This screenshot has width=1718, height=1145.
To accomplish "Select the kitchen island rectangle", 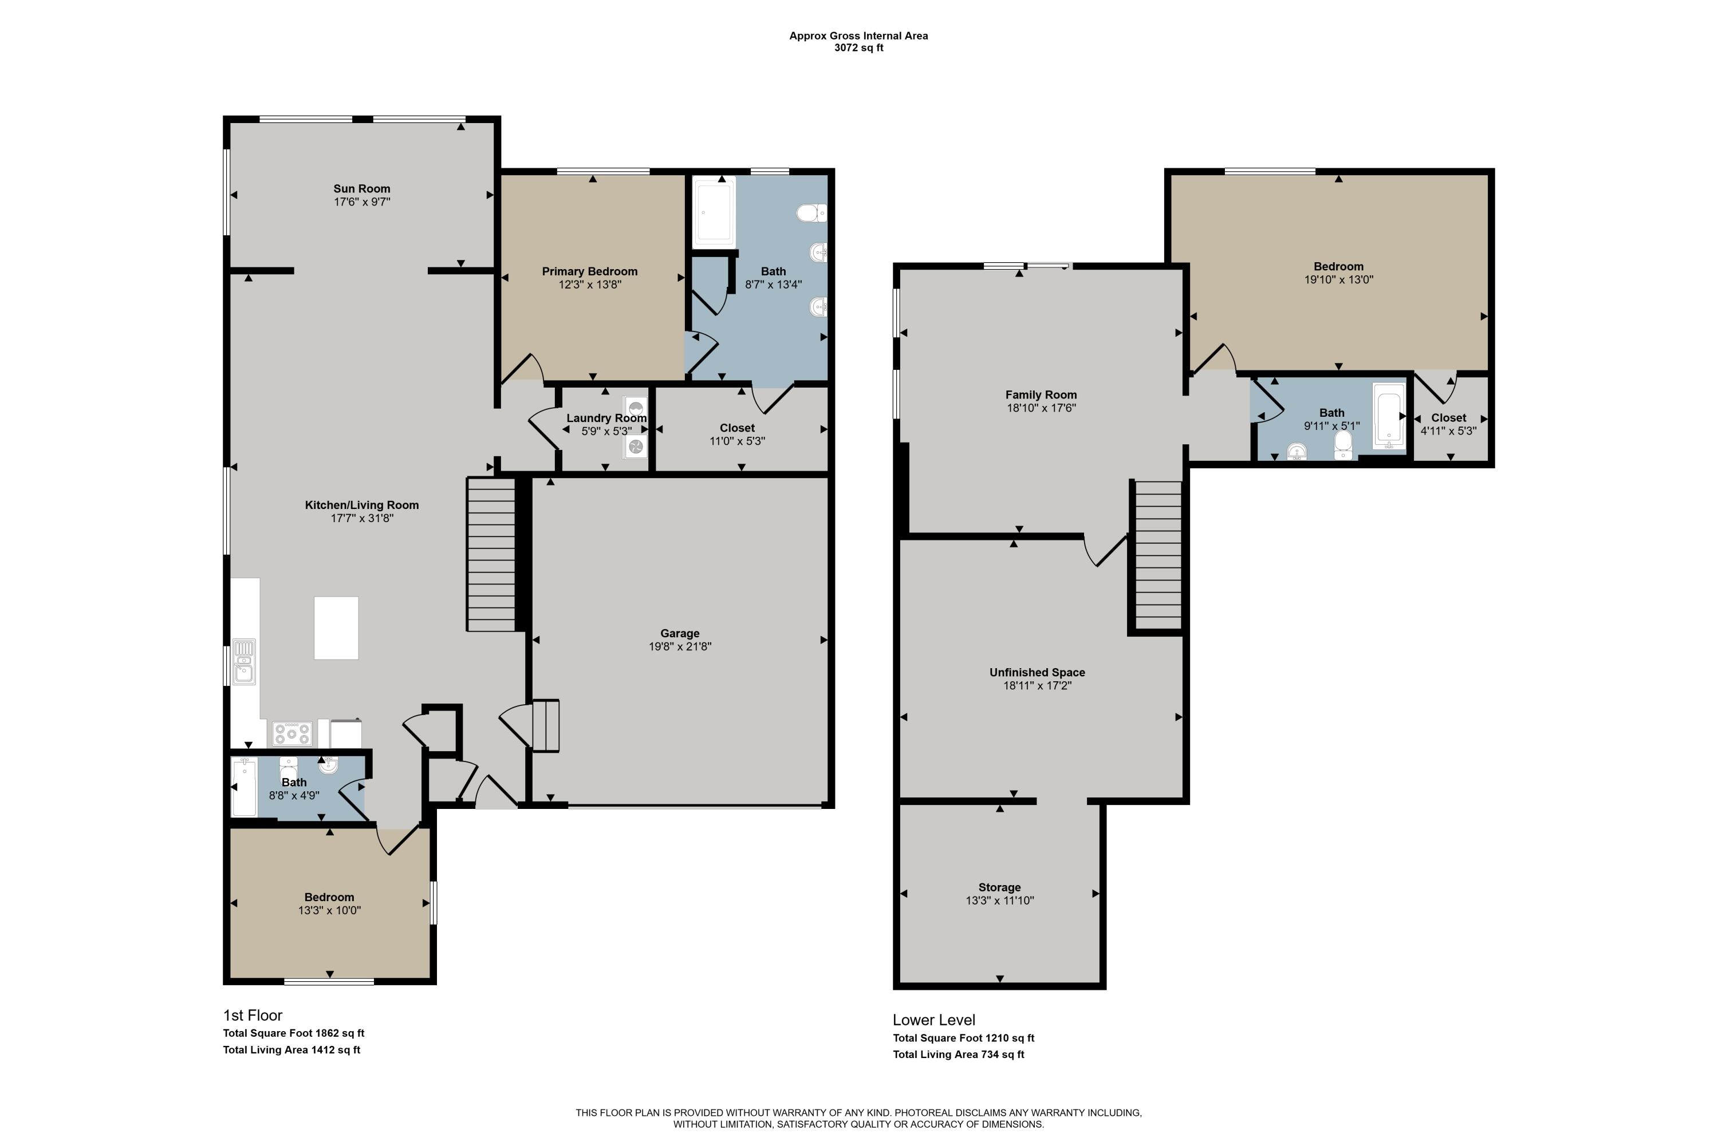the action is pos(336,628).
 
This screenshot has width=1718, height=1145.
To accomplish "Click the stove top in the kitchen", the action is pos(292,733).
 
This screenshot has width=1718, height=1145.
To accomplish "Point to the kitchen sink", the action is pos(244,662).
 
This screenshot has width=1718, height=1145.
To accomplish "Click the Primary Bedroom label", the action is pos(589,271).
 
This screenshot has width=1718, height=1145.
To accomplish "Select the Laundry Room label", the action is pos(606,418).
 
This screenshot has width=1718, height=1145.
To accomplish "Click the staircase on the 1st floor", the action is pos(491,554).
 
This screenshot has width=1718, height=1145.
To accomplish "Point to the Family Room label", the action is pos(1041,394).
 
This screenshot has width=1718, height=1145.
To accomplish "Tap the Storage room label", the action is pos(999,887).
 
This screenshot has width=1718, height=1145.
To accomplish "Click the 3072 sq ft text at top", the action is pos(858,48).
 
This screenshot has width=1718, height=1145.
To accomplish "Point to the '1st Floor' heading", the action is pos(253,1015).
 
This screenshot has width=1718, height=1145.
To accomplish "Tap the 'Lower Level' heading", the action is pos(933,1020).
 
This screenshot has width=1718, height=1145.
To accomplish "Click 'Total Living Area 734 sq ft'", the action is pos(958,1055).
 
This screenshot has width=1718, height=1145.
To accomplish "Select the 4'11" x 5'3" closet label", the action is pos(1448,431).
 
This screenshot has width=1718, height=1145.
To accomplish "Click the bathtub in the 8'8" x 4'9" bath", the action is pos(245,787).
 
